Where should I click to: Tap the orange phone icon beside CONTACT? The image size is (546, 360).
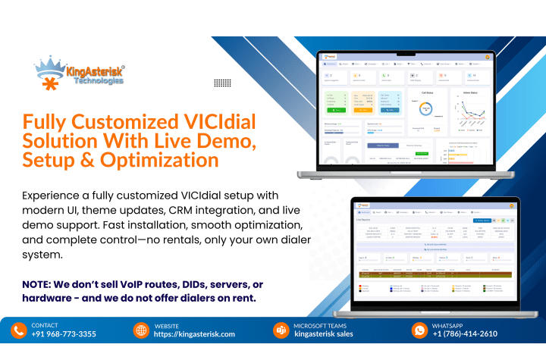pos(19,330)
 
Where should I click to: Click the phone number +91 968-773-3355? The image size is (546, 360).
pos(64,334)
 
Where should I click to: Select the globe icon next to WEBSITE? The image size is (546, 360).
pos(141,330)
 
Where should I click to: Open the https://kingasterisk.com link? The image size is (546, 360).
pos(194,334)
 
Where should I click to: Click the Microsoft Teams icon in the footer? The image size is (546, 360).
pos(281,330)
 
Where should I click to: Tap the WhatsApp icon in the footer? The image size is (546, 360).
pos(419,330)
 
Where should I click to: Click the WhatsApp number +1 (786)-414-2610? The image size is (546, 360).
pos(465,334)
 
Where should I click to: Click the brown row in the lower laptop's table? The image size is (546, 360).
pos(436,274)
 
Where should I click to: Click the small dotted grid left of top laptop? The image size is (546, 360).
pos(222,83)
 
